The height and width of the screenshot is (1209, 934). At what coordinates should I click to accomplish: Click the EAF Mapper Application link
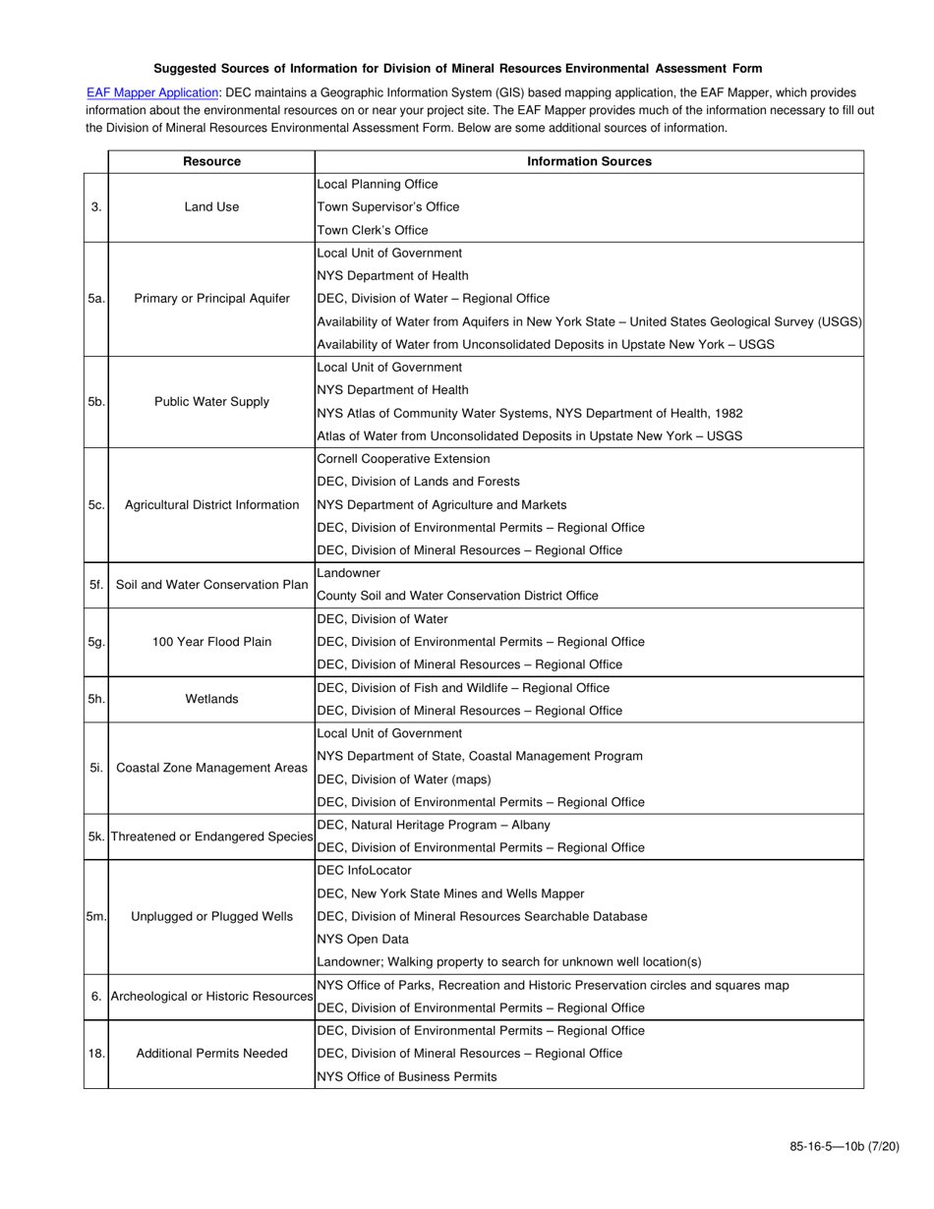coord(152,92)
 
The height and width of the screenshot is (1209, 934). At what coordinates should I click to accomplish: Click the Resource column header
coord(211,161)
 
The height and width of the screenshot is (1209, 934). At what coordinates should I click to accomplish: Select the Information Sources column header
coord(589,161)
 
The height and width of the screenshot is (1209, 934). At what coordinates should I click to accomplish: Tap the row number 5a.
coord(95,299)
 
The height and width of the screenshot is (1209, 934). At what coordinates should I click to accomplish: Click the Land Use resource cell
coord(211,207)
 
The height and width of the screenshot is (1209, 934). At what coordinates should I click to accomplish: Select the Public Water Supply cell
coord(211,402)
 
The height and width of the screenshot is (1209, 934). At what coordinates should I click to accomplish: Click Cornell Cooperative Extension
coord(403,459)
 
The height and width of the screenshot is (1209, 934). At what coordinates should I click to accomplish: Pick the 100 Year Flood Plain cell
coord(211,642)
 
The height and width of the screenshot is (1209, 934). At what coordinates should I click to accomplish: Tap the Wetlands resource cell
coord(211,699)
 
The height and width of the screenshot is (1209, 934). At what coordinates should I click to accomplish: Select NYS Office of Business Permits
coord(406,1076)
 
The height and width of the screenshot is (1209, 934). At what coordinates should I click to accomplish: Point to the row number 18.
coord(95,1054)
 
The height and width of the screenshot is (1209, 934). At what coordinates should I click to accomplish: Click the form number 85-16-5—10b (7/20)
coord(844,1146)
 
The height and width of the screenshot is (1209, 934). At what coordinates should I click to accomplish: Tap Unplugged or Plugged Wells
coord(211,917)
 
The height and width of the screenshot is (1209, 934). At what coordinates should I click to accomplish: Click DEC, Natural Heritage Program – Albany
coord(434,825)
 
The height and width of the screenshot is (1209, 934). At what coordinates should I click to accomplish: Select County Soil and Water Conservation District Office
coord(457,596)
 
